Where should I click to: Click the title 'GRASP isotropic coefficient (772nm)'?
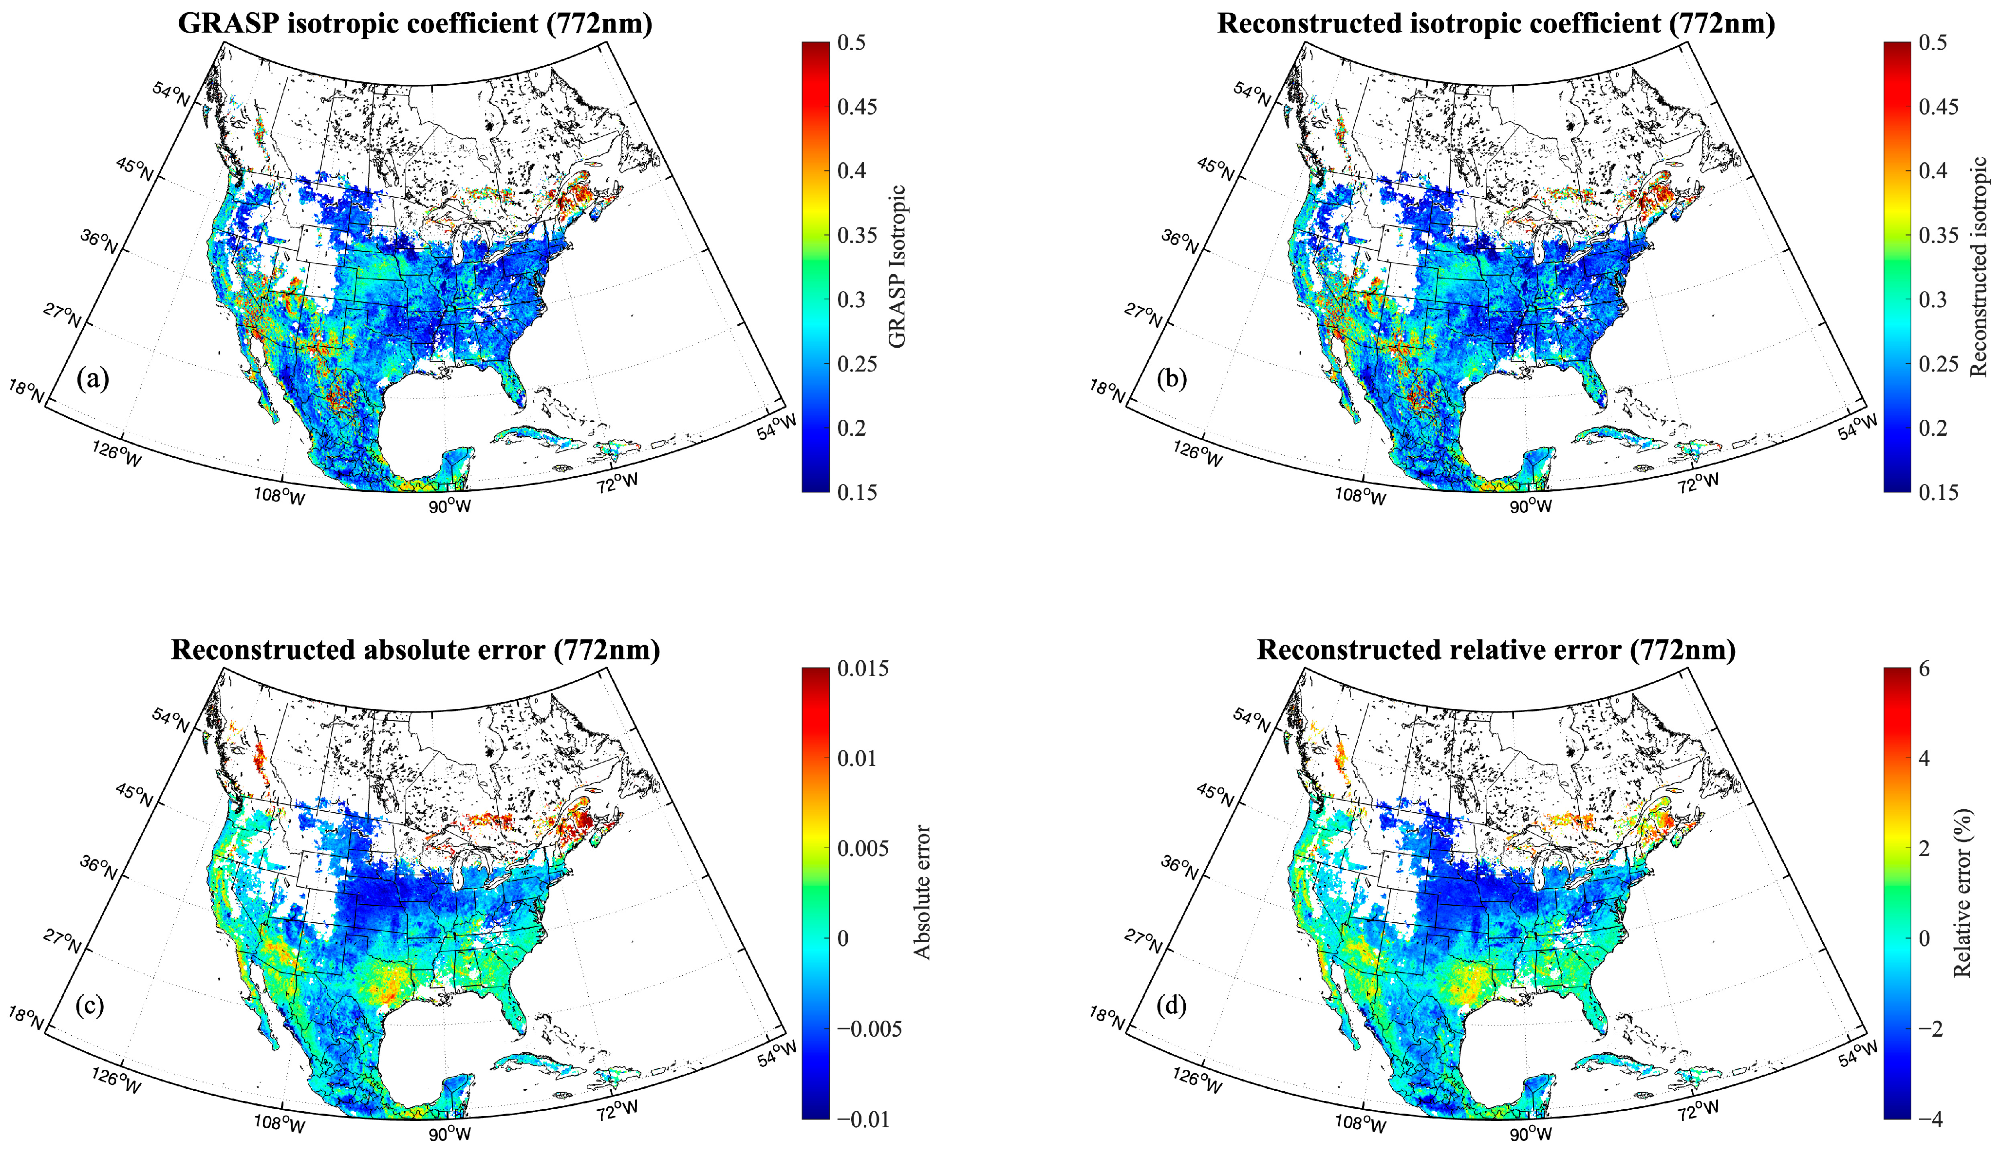coord(415,24)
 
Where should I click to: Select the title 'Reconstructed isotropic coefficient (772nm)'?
coord(1496,24)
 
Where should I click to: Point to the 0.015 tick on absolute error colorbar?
coord(863,669)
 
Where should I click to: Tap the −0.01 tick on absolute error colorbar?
coord(863,1119)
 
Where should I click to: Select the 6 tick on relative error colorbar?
coord(1924,669)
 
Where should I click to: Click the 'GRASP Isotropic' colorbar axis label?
coord(897,266)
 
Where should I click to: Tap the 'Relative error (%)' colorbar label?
coord(1962,894)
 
